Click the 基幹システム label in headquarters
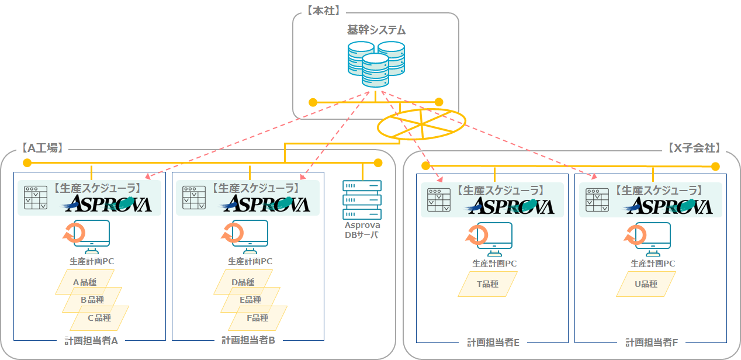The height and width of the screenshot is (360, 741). coord(376,30)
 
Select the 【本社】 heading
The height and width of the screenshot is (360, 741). coord(323,10)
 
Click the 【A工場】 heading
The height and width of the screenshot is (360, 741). coord(42,148)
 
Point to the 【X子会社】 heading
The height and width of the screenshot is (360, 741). coord(694,148)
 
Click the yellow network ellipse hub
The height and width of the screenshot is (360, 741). coord(421,124)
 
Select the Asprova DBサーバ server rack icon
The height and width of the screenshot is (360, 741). coord(362,199)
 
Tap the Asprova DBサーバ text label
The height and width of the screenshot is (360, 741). coord(362,230)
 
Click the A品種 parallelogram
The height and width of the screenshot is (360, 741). coord(84,282)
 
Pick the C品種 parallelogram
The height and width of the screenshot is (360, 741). coord(99,318)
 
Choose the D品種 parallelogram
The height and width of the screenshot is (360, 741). coord(243,282)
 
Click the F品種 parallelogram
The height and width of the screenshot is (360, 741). coord(257,318)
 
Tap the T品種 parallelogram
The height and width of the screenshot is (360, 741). coord(487,284)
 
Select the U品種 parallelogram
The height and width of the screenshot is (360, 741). coord(646,284)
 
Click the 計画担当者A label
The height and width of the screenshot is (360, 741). coord(91,341)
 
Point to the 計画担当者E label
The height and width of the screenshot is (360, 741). coord(493,342)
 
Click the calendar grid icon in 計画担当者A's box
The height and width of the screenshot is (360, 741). coord(36,198)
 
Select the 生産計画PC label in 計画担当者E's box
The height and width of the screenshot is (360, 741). coord(494,264)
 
